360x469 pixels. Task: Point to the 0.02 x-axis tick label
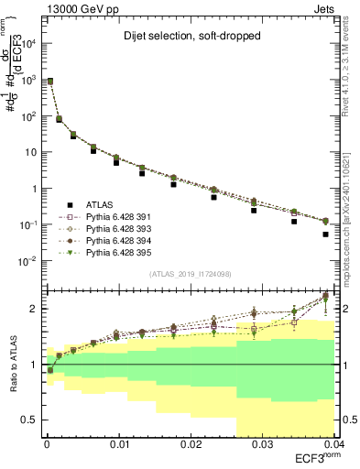191,445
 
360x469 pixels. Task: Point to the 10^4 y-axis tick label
28,44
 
